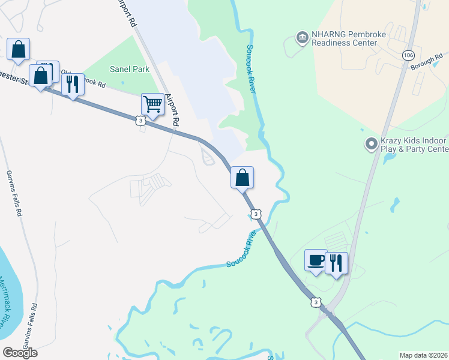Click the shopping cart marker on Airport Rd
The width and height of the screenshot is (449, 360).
152,104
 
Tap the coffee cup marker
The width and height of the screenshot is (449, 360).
316,260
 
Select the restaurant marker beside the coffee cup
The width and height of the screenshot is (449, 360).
336,263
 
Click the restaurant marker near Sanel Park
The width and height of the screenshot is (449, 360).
73,84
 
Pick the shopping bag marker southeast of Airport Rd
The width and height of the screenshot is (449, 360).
242,178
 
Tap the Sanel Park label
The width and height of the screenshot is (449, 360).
129,69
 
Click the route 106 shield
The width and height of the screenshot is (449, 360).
408,55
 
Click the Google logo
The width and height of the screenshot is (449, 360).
19,353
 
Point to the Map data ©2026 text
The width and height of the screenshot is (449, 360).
423,355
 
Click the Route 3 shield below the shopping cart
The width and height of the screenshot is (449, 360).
140,121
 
